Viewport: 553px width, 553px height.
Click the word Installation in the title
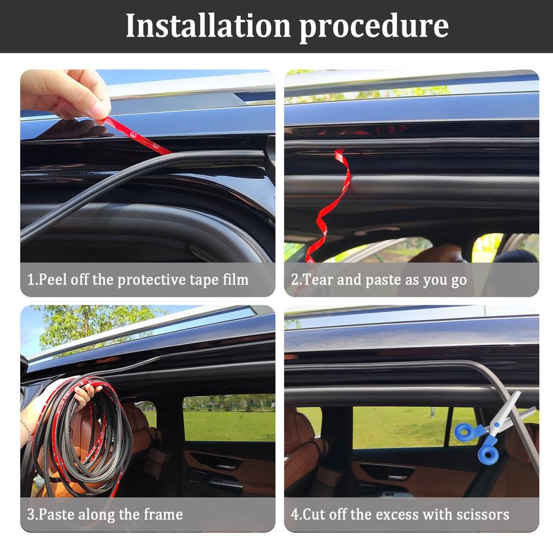coord(208,26)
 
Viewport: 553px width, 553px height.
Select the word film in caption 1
coord(236,279)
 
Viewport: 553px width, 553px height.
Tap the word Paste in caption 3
coord(56,514)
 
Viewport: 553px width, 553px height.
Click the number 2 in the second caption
coord(294,280)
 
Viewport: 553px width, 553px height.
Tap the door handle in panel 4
coord(387,473)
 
